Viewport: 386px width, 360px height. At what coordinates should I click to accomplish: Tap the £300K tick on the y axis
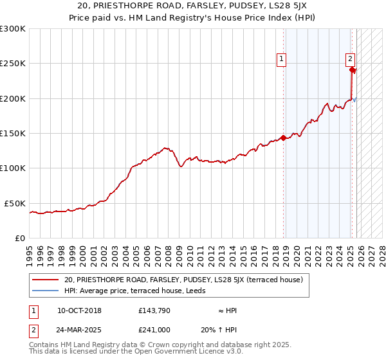click(x=13, y=29)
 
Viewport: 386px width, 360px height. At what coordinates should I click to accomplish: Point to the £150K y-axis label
click(x=13, y=134)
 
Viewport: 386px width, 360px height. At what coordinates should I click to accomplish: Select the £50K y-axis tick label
click(x=15, y=203)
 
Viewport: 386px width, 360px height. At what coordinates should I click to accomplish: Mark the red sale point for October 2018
click(x=284, y=138)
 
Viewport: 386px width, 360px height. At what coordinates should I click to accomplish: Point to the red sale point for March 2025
click(x=353, y=70)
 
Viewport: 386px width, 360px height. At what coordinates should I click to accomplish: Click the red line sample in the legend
click(x=46, y=280)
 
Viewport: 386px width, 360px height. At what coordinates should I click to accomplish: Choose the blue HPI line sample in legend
click(x=46, y=290)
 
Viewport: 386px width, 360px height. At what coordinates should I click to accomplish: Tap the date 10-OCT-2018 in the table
click(x=79, y=310)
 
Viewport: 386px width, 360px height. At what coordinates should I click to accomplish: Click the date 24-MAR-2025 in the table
click(x=79, y=329)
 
